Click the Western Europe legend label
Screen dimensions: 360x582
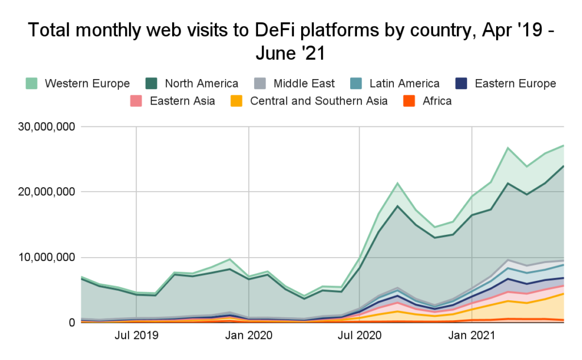click(x=87, y=84)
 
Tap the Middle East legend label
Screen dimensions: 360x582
click(x=304, y=84)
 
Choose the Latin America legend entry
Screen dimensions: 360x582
click(x=404, y=84)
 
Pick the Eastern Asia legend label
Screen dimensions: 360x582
click(x=182, y=101)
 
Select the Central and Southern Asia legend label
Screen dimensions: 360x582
click(x=319, y=101)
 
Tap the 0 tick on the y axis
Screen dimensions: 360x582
click(x=72, y=322)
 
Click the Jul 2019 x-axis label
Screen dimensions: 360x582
click(x=136, y=335)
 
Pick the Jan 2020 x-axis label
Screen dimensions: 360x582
click(x=249, y=335)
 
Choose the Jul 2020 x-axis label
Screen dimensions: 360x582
click(x=360, y=335)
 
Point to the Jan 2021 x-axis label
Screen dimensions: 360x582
click(x=472, y=335)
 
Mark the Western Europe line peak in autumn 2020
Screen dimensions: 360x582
click(x=398, y=183)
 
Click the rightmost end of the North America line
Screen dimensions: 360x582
click(x=563, y=166)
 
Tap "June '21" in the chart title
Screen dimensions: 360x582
click(x=290, y=55)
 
